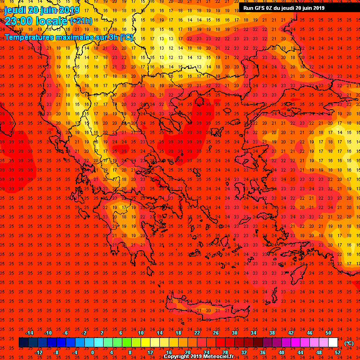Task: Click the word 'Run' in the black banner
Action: pyautogui.click(x=248, y=8)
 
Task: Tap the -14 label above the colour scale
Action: pyautogui.click(x=29, y=333)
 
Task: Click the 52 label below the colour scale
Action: pyautogui.click(x=337, y=352)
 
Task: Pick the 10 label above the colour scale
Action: pyautogui.click(x=141, y=333)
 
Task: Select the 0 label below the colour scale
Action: pyautogui.click(x=92, y=352)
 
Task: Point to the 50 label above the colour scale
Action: pyautogui.click(x=328, y=333)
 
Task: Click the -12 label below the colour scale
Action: pyautogui.click(x=39, y=352)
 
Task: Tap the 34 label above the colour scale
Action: pyautogui.click(x=254, y=333)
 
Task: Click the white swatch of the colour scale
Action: pyautogui.click(x=333, y=343)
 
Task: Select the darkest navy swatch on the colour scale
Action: pyautogui.click(x=23, y=343)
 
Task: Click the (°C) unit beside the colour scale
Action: pyautogui.click(x=349, y=343)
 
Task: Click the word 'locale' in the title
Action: pyautogui.click(x=51, y=21)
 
